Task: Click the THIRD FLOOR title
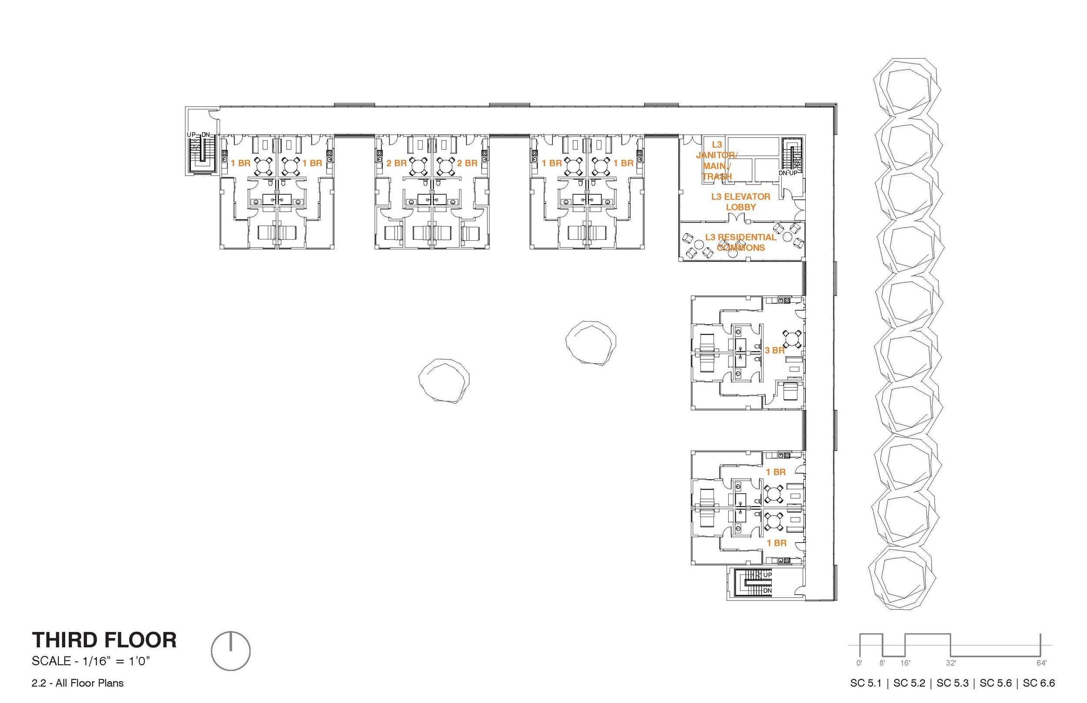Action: coord(104,640)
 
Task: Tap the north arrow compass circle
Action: coord(230,651)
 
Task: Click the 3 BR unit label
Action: coord(775,351)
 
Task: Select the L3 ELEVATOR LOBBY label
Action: coord(741,202)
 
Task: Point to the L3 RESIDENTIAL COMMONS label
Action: coord(740,242)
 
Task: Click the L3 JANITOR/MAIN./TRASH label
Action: coord(717,161)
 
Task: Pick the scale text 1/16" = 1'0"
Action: coord(91,661)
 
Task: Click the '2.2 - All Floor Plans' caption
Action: coord(78,683)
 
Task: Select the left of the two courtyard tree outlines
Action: coord(444,380)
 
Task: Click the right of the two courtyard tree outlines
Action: coord(590,342)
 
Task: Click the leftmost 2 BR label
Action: coord(396,163)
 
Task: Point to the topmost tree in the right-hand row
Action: coord(906,86)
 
